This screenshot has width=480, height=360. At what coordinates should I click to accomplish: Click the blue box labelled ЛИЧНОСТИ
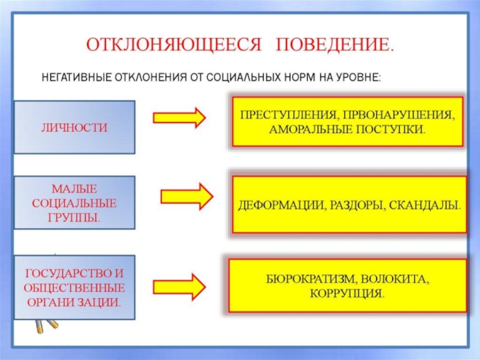(x=74, y=127)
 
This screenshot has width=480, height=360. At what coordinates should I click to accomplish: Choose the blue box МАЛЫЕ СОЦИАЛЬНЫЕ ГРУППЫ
(x=74, y=202)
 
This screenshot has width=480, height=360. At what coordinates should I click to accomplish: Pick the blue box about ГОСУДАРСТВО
(x=74, y=287)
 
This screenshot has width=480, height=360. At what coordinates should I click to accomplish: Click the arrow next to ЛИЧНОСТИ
(x=179, y=117)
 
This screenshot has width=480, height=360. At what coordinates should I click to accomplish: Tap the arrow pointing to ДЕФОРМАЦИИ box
(x=187, y=196)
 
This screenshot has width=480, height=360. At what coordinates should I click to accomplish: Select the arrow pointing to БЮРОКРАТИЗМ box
(x=179, y=286)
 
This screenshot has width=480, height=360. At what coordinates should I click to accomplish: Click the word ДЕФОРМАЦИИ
(x=274, y=205)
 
